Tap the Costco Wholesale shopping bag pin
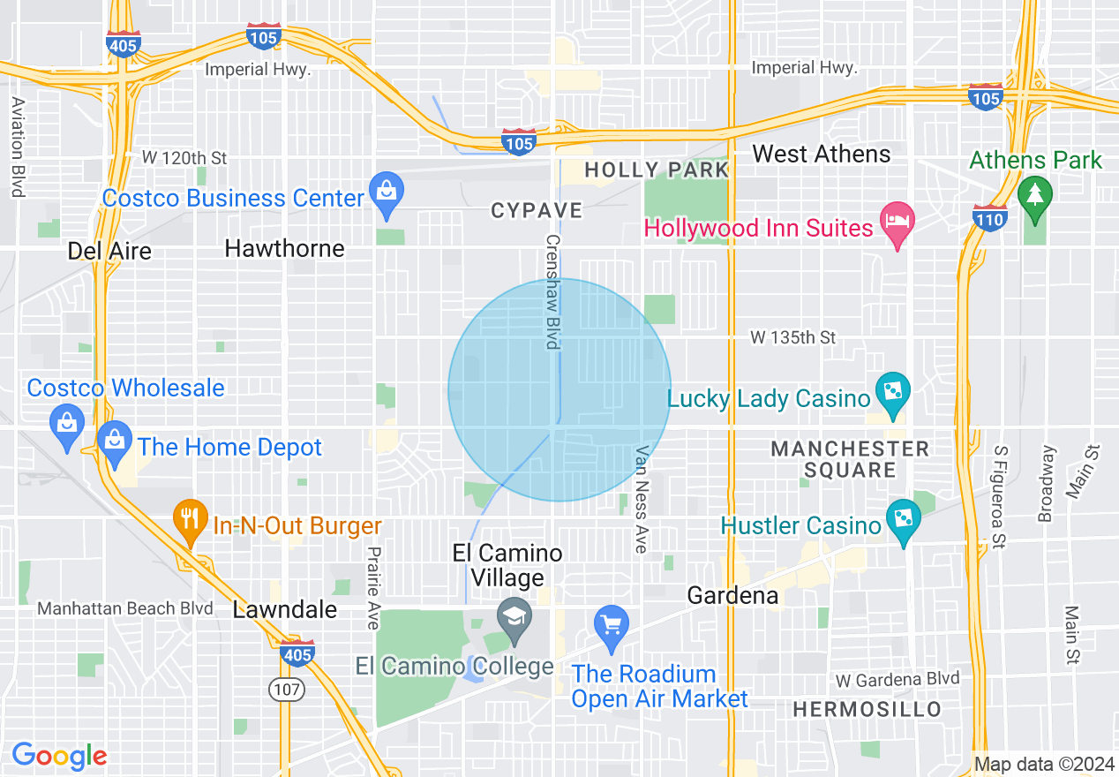[x=66, y=421]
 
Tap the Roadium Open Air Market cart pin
[x=611, y=623]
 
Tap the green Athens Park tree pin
[x=1034, y=193]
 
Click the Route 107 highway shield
[x=287, y=690]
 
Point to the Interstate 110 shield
[x=989, y=216]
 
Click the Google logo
[x=59, y=756]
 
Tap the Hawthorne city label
[x=284, y=248]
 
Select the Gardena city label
[x=732, y=595]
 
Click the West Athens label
[x=821, y=155]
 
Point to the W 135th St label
[x=792, y=337]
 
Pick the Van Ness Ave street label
[x=642, y=499]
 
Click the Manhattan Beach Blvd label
[x=125, y=608]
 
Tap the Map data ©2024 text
[x=1044, y=763]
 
